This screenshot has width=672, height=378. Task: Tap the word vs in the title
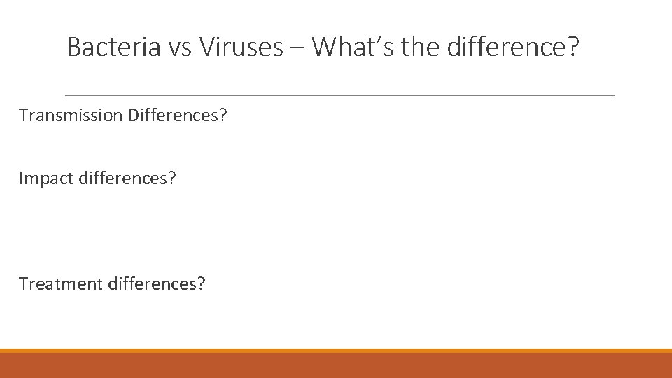[x=181, y=48]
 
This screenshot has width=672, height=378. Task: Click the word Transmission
[x=71, y=115]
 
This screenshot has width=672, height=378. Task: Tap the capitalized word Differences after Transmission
[x=174, y=115]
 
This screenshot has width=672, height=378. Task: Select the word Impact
[x=43, y=178]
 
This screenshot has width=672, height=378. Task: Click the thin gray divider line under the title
[x=339, y=95]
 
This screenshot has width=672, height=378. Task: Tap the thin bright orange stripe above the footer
[x=336, y=351]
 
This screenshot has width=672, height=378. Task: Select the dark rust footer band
[x=336, y=365]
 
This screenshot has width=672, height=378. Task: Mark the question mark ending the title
[x=574, y=48]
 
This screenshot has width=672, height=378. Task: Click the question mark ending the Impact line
[x=172, y=178]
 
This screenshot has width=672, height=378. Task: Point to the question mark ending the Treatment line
[x=202, y=283]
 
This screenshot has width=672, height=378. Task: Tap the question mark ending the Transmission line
[x=223, y=115]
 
